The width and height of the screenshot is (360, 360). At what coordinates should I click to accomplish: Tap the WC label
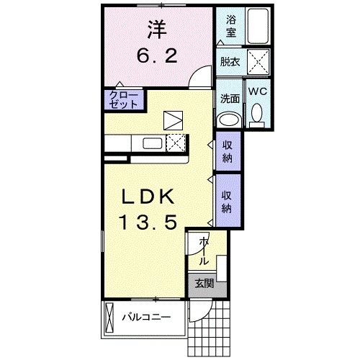(x=257, y=91)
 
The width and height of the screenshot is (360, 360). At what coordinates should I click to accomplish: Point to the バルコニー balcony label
(x=145, y=316)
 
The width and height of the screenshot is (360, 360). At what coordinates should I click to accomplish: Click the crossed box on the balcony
(x=109, y=317)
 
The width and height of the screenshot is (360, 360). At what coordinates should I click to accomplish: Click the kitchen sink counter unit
(x=154, y=142)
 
